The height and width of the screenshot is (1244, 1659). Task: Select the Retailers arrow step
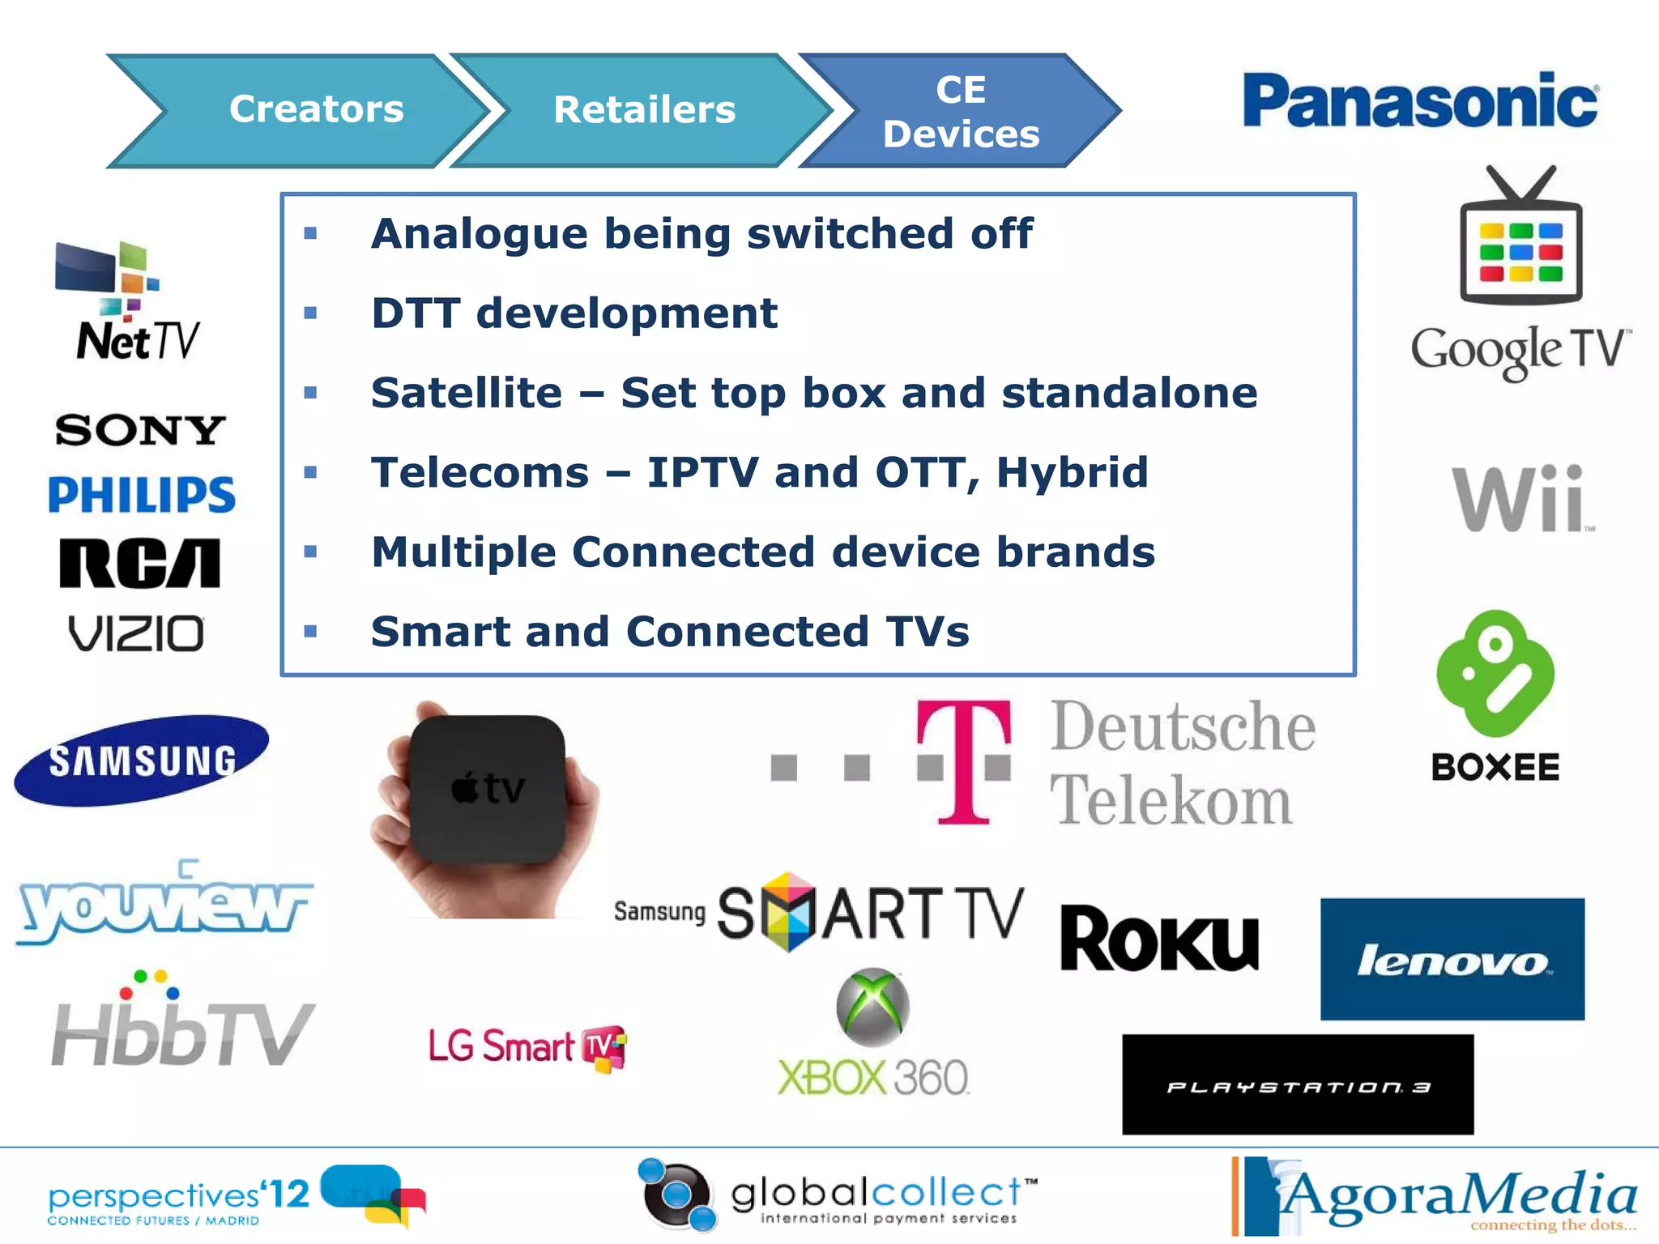point(643,110)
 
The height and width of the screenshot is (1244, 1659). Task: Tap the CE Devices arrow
point(961,111)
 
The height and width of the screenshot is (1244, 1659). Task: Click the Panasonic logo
point(1420,101)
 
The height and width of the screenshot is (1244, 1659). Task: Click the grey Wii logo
point(1520,499)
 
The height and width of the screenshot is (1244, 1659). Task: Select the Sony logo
point(140,429)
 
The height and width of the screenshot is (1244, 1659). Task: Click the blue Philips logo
point(142,494)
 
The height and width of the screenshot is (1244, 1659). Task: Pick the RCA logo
point(139,563)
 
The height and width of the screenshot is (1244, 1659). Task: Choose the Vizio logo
point(136,633)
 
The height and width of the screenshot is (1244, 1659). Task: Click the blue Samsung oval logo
point(142,760)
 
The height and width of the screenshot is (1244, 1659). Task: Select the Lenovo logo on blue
point(1452,959)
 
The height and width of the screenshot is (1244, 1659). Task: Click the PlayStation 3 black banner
point(1297,1084)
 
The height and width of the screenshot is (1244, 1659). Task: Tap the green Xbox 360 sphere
point(872,1007)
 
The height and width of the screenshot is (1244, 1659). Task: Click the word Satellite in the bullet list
point(467,393)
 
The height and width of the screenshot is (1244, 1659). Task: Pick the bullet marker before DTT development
point(310,313)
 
